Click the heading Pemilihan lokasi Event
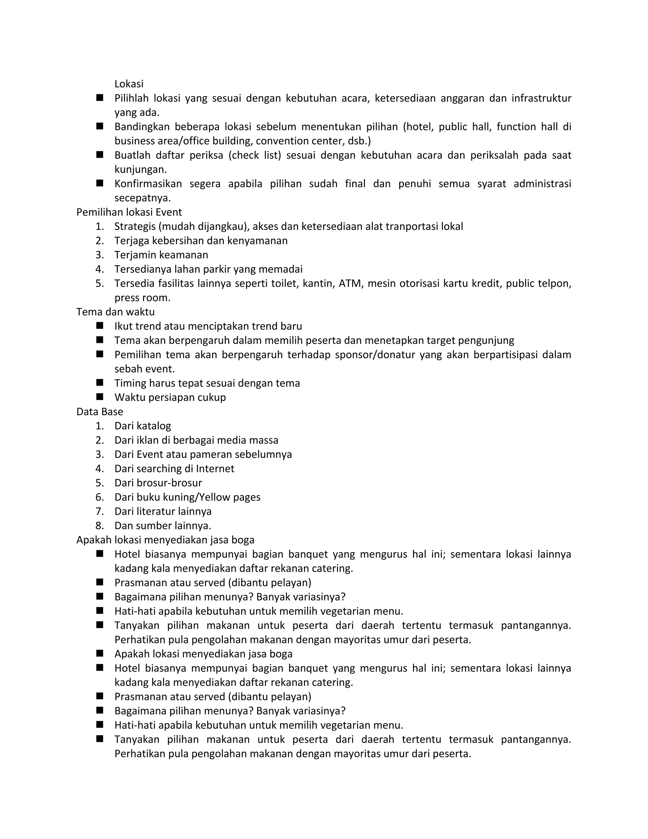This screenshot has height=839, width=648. pos(129,212)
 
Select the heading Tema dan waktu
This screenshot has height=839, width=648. pos(115,312)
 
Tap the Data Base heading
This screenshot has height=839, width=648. pos(99,412)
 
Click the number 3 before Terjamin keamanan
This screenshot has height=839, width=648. pos(99,255)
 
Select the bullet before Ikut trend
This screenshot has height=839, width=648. pos(100,326)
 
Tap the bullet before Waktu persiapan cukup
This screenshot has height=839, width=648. pos(100,396)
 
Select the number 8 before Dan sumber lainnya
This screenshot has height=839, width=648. pos(99,526)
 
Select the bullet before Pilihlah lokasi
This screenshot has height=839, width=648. pos(100,98)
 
